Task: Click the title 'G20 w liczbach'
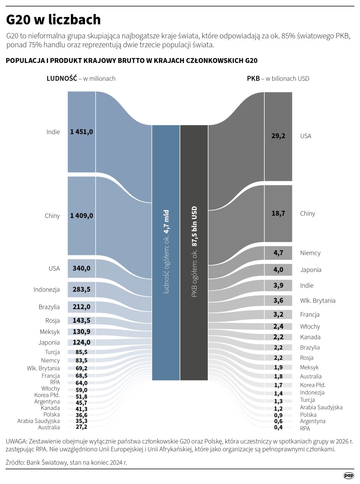pyautogui.click(x=54, y=20)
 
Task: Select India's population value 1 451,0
pyautogui.click(x=81, y=132)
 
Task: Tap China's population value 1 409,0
pyautogui.click(x=81, y=216)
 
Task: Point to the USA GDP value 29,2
pyautogui.click(x=278, y=136)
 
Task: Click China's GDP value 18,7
pyautogui.click(x=278, y=213)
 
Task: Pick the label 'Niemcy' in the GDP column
pyautogui.click(x=310, y=253)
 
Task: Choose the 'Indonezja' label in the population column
pyautogui.click(x=46, y=290)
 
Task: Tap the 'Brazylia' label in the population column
pyautogui.click(x=49, y=307)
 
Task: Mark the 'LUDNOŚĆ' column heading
pyautogui.click(x=62, y=78)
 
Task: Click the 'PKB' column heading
pyautogui.click(x=253, y=78)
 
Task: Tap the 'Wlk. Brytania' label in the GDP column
pyautogui.click(x=318, y=301)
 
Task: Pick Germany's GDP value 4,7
pyautogui.click(x=278, y=253)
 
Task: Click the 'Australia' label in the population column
pyautogui.click(x=49, y=427)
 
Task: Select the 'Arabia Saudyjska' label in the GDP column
pyautogui.click(x=321, y=407)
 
